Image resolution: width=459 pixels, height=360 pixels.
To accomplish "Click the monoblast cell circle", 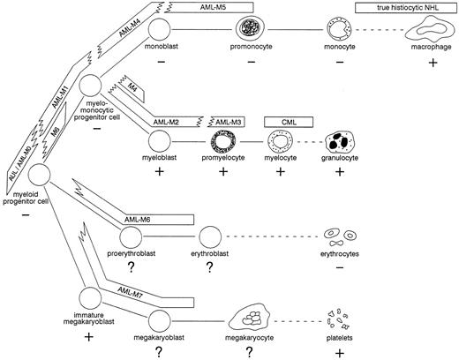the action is tap(159, 29).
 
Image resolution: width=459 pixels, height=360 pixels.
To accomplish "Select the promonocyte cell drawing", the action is tap(250, 29).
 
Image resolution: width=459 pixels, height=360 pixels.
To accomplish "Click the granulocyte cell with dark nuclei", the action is tap(340, 141).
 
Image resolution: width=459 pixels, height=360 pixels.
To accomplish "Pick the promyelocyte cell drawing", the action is tap(223, 141).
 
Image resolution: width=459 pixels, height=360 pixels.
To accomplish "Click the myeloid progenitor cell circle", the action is tap(39, 175).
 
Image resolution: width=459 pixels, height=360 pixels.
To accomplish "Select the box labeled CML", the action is tap(289, 122).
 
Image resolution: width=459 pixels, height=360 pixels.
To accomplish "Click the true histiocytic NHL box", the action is tap(406, 8).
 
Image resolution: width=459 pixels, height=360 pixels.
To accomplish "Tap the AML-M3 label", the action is tap(229, 122).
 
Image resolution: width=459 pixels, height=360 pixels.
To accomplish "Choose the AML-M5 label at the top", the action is tap(213, 7).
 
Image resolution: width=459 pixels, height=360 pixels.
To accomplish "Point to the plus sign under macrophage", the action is tap(433, 63).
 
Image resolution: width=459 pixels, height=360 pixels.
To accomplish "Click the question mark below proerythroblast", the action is tap(131, 267).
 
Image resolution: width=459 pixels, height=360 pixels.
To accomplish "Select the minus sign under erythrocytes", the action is tap(340, 267).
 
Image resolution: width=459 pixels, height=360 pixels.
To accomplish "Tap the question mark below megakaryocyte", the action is tap(249, 351).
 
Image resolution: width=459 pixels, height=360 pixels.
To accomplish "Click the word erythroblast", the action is tap(210, 253).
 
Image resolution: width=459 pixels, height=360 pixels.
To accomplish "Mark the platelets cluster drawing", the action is tap(338, 319).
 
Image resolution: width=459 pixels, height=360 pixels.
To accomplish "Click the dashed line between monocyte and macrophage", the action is tap(380, 30).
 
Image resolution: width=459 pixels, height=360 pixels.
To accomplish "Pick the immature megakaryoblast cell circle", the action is tap(90, 297).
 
